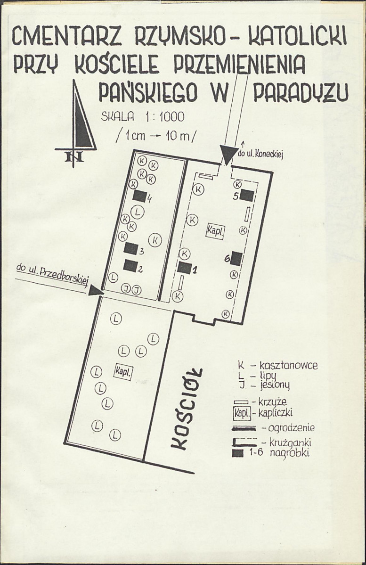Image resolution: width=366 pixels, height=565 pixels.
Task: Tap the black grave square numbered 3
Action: tap(131, 248)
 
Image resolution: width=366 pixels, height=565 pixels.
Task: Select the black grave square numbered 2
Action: tap(130, 266)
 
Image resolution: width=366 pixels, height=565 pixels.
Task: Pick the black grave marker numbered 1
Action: tap(185, 267)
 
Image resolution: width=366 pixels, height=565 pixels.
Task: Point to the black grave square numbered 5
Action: tap(247, 196)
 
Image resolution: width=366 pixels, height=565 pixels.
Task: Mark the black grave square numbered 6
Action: tap(237, 258)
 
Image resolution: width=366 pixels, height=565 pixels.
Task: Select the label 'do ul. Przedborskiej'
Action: tap(53, 277)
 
